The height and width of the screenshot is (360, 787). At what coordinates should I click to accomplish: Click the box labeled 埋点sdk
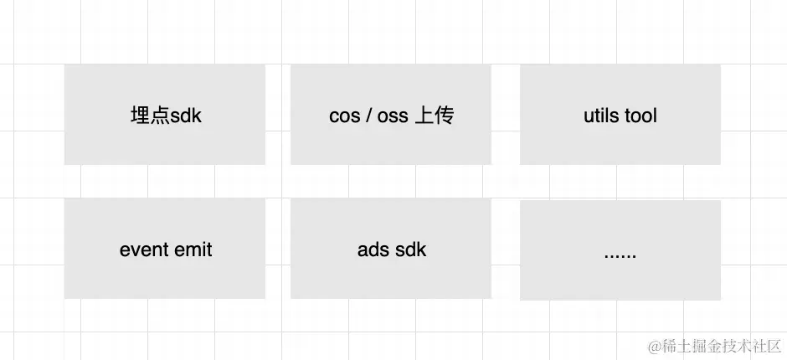[165, 115]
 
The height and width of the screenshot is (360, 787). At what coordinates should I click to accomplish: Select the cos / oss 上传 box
[391, 115]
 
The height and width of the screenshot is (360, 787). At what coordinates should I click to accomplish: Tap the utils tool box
[620, 115]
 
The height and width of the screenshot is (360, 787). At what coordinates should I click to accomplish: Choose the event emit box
[165, 249]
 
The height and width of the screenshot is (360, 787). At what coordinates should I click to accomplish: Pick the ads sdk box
[391, 249]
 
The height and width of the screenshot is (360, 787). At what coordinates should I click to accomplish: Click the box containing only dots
[620, 250]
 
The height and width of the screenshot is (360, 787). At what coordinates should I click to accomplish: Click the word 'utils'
[600, 116]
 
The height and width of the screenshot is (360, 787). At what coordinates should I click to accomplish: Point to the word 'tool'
[640, 116]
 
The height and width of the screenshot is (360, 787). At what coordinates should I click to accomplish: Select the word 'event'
[143, 249]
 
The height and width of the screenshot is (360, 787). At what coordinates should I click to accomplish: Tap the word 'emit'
[193, 249]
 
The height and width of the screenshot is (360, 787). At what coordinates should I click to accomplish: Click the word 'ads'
[372, 249]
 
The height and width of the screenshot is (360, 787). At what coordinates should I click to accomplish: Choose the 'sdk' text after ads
[410, 249]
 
